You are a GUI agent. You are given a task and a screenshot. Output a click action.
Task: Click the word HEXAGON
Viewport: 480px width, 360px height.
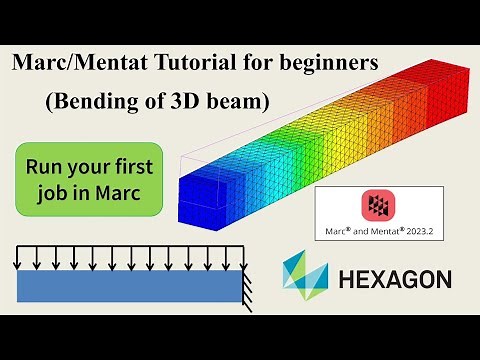[x=394, y=279]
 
